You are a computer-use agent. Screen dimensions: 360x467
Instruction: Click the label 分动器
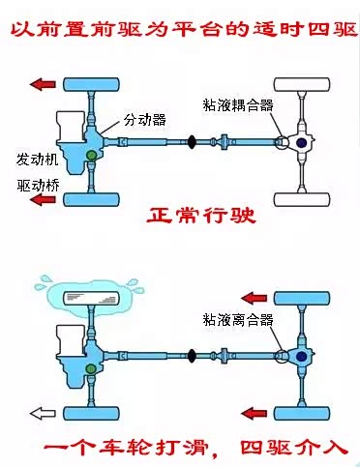145,120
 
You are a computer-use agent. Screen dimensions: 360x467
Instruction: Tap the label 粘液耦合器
238,105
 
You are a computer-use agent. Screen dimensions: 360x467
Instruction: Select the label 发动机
38,160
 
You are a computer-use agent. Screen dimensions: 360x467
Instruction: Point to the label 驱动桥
38,186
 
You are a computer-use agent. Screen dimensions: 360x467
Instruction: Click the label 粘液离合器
238,319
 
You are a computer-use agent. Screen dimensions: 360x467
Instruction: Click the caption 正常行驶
201,216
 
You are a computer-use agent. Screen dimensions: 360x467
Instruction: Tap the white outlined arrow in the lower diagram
43,413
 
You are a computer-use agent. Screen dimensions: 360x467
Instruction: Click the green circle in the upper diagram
91,156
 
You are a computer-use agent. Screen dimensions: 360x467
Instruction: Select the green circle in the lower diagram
91,368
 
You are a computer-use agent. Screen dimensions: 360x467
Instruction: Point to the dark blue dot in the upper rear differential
302,142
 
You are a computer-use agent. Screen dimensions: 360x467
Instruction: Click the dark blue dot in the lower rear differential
302,356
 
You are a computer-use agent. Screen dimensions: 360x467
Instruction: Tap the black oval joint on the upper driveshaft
192,142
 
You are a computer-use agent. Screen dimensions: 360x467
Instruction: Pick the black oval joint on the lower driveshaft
192,356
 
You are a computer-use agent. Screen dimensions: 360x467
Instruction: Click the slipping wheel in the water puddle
90,298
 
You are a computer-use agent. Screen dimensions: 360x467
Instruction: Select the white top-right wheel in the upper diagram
302,84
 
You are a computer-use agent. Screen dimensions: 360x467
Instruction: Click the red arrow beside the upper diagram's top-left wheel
43,84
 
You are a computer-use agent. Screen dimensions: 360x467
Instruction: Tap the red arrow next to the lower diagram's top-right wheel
255,298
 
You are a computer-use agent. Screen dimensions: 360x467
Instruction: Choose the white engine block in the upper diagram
71,128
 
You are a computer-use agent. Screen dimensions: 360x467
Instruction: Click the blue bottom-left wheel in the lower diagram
91,413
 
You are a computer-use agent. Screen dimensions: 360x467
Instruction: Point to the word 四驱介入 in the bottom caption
294,448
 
